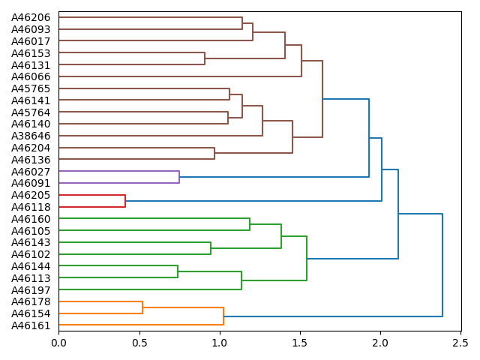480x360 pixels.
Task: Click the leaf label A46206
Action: pos(31,17)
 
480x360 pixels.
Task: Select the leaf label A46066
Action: pos(31,76)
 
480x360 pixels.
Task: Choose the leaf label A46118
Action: pos(31,207)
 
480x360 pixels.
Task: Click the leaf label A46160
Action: pos(31,219)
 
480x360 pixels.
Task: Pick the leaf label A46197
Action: pos(31,289)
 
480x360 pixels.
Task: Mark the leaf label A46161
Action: pos(31,325)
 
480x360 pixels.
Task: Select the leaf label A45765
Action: pos(31,88)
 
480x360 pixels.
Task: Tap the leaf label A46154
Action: pos(31,313)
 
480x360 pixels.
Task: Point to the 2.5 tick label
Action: pos(460,342)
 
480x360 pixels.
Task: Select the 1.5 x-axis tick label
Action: pos(300,342)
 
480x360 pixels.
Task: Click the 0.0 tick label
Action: pos(58,342)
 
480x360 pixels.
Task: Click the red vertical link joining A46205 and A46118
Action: pos(125,201)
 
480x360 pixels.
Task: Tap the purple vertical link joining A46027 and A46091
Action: pos(179,177)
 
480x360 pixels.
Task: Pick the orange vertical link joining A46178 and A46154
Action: pos(142,307)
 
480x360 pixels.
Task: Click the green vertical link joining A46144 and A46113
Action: pos(178,271)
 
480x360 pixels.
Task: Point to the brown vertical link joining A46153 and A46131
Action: pos(205,58)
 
